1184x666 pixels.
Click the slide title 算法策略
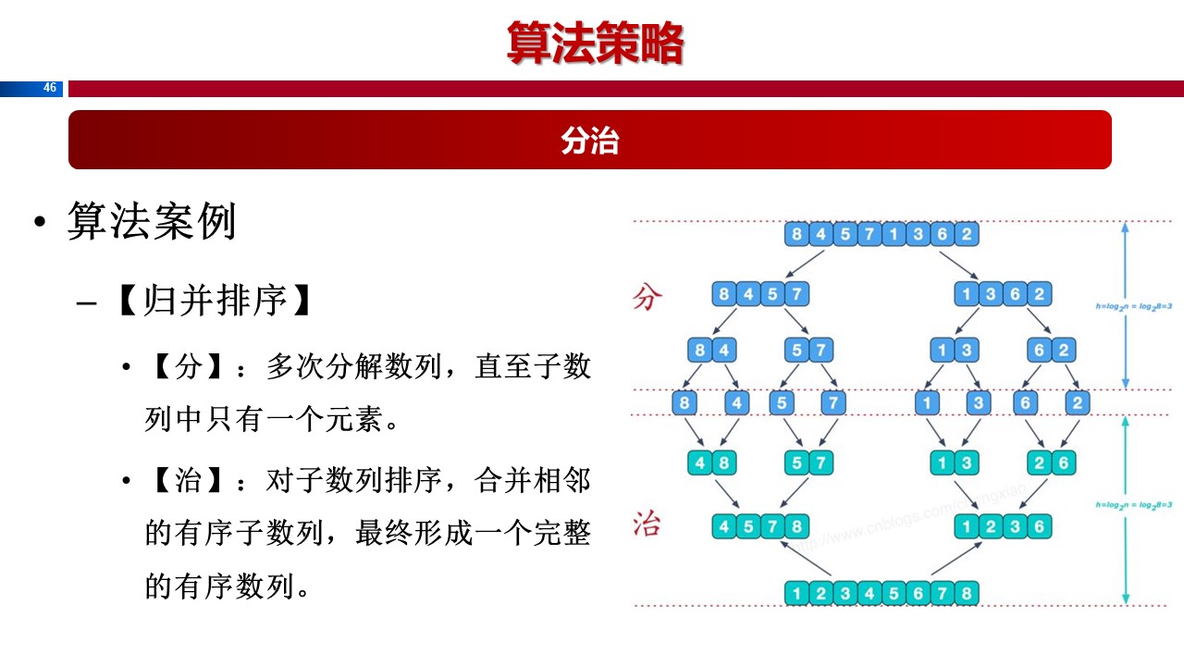595,43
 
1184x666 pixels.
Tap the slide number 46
50,88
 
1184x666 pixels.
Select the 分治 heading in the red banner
589,141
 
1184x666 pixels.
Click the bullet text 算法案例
152,223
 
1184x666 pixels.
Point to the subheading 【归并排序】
213,301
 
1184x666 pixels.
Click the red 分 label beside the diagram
647,298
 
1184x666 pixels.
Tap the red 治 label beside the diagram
647,524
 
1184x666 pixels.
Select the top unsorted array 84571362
881,234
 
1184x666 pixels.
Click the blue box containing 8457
760,295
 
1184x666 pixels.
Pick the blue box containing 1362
1003,295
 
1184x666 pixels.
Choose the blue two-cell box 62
1051,351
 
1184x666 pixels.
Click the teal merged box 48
712,462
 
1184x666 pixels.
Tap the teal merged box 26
1051,462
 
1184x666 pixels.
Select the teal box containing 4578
760,527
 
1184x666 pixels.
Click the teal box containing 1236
1003,527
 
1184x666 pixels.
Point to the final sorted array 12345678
881,592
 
